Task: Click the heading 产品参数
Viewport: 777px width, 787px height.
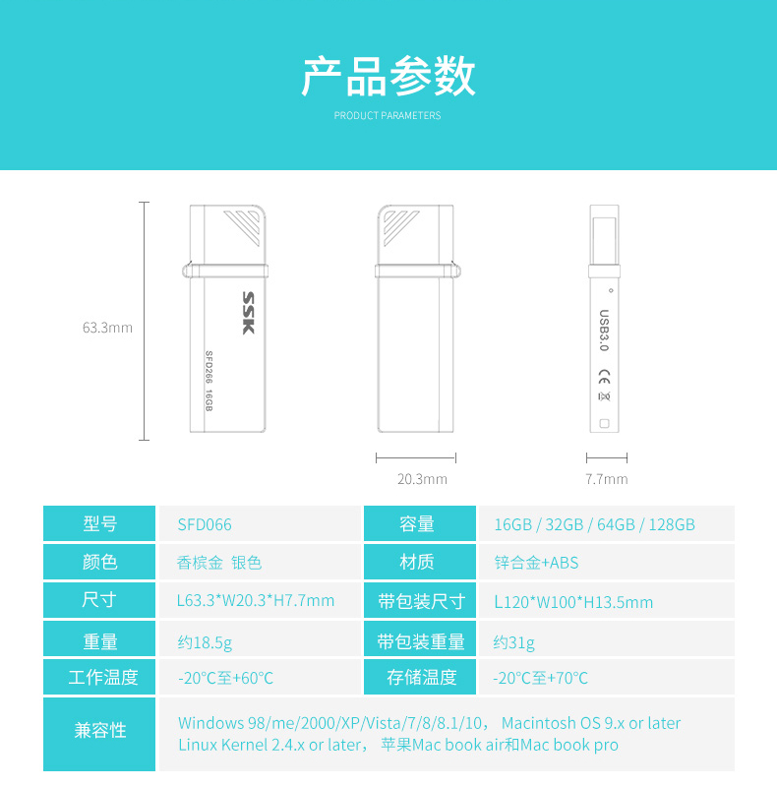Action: (388, 77)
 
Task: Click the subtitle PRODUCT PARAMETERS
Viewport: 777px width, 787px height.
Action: (388, 115)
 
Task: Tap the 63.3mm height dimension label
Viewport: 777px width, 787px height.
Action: (107, 328)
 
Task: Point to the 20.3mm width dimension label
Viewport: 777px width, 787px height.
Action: (422, 479)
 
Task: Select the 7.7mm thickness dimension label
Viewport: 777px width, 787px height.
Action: (606, 479)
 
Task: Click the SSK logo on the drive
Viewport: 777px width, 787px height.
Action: (249, 313)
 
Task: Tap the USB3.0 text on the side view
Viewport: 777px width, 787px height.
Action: (604, 331)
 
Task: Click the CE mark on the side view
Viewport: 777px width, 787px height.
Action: (604, 377)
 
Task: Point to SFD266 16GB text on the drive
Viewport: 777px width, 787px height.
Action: (209, 381)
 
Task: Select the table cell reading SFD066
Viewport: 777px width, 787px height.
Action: (205, 525)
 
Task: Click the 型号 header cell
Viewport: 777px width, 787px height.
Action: (99, 523)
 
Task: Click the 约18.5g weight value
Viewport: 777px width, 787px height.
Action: (205, 642)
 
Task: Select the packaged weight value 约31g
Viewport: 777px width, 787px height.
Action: (514, 642)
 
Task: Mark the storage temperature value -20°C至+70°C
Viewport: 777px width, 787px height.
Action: (540, 678)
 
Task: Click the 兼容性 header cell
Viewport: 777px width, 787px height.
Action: (99, 734)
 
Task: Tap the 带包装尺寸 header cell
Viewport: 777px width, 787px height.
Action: (420, 600)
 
